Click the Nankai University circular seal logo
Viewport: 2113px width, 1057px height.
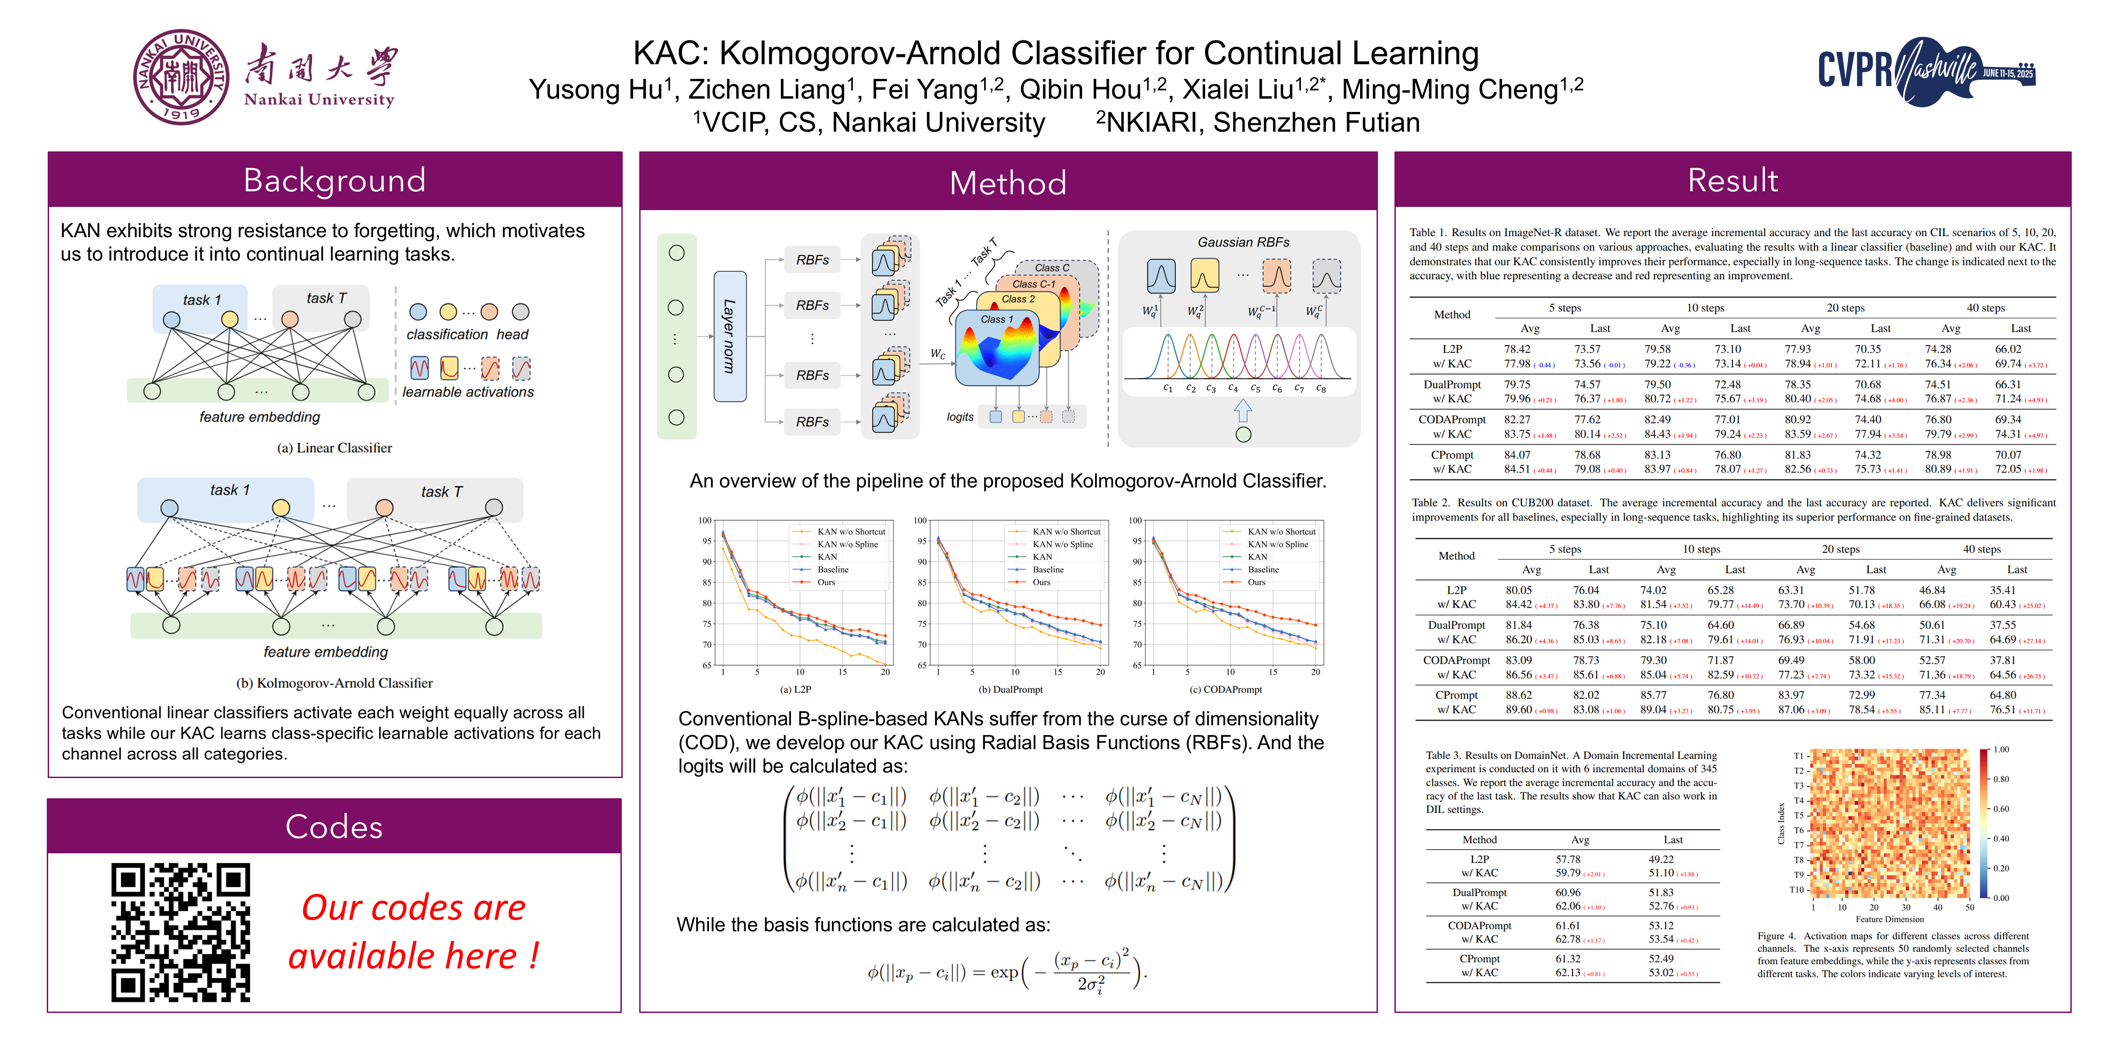[x=181, y=77]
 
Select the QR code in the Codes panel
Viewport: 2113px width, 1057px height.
[x=181, y=932]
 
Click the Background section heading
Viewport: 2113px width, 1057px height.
[x=335, y=180]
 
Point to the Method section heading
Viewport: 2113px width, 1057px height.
[x=1007, y=182]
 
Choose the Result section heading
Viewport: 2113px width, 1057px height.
[x=1732, y=180]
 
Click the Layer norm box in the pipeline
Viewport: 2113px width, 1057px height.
[x=729, y=336]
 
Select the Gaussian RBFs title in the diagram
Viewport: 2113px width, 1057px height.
[x=1243, y=242]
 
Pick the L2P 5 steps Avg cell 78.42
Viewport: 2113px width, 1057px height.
[x=1517, y=349]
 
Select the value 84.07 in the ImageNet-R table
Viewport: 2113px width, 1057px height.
[x=1517, y=455]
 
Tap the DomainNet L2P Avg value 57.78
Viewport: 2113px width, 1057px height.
[x=1567, y=859]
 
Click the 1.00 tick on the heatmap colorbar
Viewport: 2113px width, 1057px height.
[x=2002, y=749]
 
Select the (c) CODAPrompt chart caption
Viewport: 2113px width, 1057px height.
[x=1225, y=690]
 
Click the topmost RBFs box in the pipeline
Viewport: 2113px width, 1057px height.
[x=812, y=259]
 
